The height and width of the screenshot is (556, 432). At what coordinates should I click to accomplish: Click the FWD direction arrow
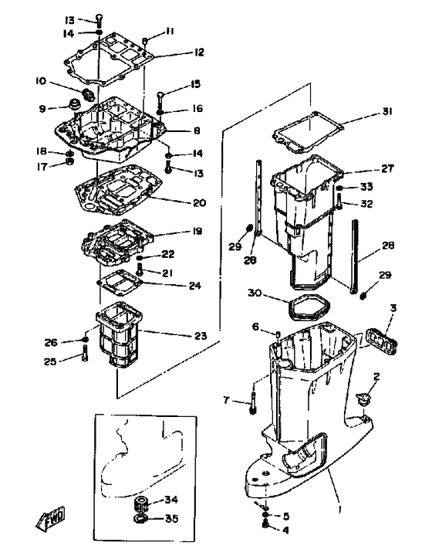51,518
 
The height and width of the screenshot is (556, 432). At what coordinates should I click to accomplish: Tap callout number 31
387,112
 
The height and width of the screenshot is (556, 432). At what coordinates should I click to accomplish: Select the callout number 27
387,168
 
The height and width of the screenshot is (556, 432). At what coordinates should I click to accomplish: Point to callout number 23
201,335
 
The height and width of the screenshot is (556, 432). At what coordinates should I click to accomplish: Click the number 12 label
199,53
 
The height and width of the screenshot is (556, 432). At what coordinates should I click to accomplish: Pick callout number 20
199,203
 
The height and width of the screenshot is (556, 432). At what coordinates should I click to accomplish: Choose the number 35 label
172,519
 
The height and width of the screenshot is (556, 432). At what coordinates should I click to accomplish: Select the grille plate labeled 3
381,341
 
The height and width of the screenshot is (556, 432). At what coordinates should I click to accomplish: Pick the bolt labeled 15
160,100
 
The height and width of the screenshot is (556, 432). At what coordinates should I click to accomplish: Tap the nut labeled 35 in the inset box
141,519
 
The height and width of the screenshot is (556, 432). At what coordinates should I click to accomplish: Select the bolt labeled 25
85,354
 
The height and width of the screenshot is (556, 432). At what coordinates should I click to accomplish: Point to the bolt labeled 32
339,202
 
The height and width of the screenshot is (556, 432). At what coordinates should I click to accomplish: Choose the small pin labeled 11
145,42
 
